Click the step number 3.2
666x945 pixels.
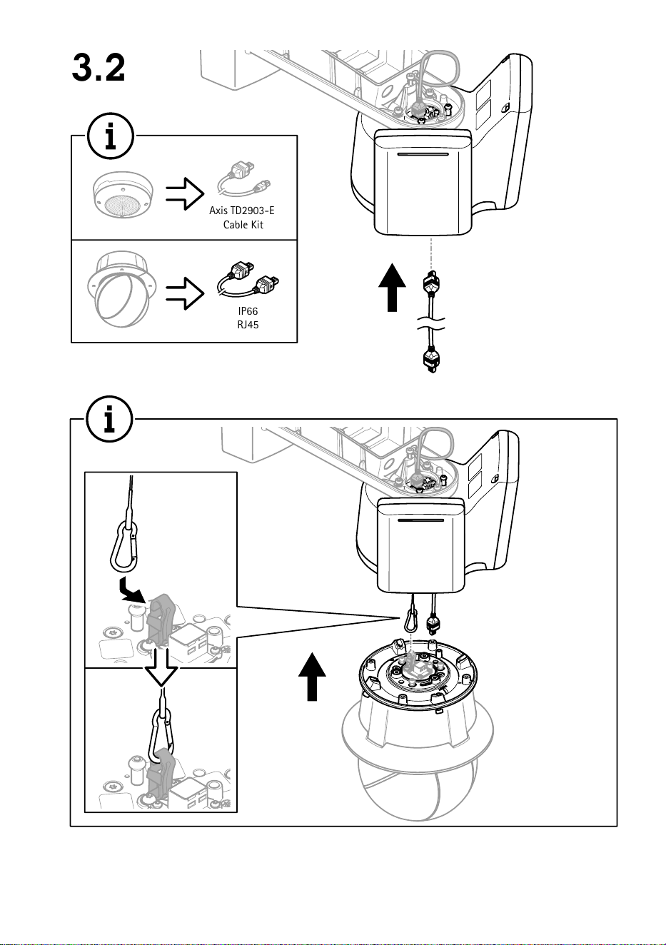(x=99, y=68)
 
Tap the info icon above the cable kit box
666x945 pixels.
(x=111, y=136)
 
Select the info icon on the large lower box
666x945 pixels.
(x=110, y=420)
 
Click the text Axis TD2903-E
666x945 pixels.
(x=242, y=210)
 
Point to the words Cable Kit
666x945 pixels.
(x=243, y=224)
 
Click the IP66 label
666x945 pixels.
(x=248, y=311)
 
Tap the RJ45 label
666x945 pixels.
(x=248, y=325)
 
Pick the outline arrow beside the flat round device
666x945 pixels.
(x=185, y=193)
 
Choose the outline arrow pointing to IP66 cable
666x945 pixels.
(x=185, y=293)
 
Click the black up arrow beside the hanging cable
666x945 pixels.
(x=393, y=288)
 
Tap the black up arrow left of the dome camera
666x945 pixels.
(x=312, y=676)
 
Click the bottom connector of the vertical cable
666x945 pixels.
(x=431, y=360)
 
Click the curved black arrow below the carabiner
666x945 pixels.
(x=133, y=590)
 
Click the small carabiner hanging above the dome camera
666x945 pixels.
(x=410, y=620)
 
